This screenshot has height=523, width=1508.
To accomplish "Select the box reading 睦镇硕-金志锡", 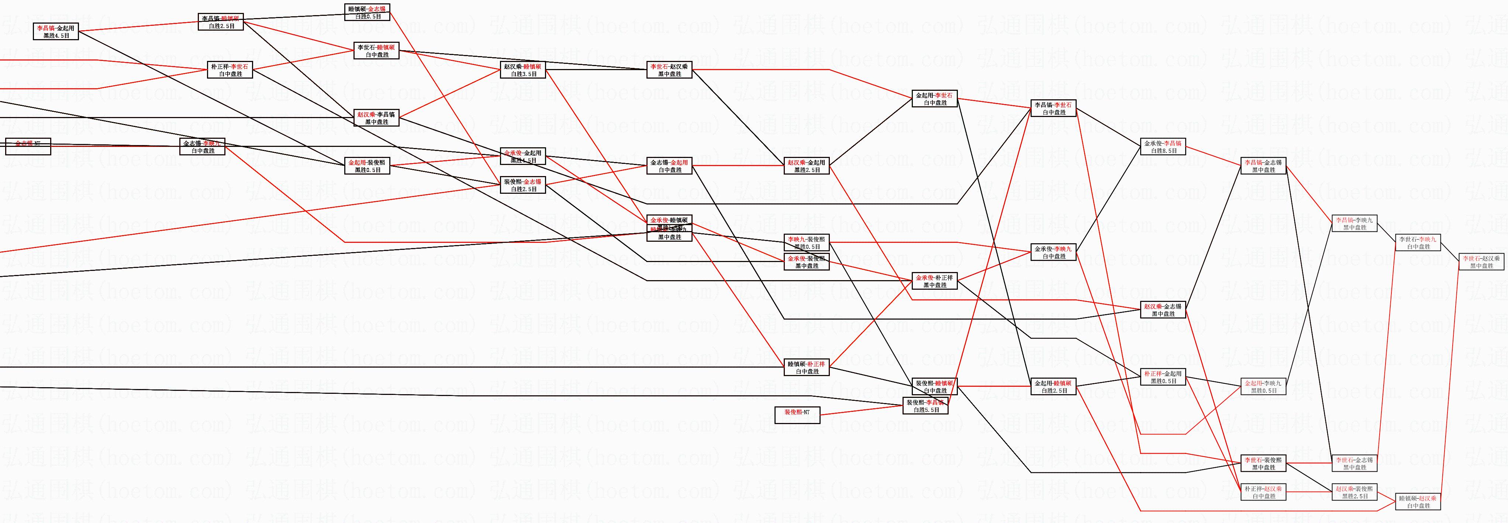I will tap(367, 12).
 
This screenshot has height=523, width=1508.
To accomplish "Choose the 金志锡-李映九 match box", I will tap(203, 147).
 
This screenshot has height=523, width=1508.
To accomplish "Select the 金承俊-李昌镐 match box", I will tap(1163, 147).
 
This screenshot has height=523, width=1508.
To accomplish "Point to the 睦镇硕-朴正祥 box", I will tap(807, 367).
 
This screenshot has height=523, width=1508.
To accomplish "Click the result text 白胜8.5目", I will tap(1163, 151).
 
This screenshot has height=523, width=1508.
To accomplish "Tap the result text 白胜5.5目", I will tap(925, 410).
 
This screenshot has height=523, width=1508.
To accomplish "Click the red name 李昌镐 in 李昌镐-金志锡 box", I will tap(1253, 162).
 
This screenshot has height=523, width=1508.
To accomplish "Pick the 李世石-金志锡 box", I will tap(1355, 463).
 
